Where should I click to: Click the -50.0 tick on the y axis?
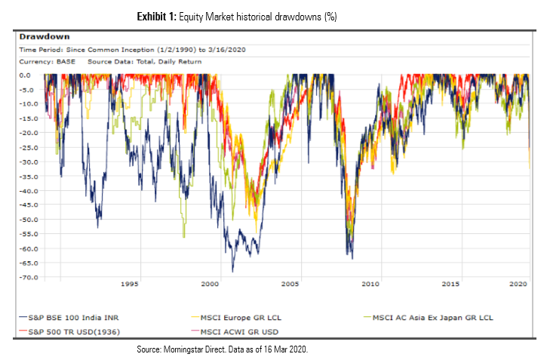(x=29, y=220)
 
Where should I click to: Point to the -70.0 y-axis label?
(x=29, y=278)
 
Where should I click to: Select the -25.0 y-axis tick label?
(x=29, y=147)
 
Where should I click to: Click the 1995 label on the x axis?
(x=130, y=285)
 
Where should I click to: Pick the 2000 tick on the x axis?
(x=210, y=285)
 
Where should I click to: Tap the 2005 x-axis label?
(x=290, y=285)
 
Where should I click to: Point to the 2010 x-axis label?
(x=370, y=285)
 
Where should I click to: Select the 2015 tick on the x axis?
(x=450, y=285)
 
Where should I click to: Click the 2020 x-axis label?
(x=518, y=285)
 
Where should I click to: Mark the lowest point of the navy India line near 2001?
(x=232, y=272)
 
